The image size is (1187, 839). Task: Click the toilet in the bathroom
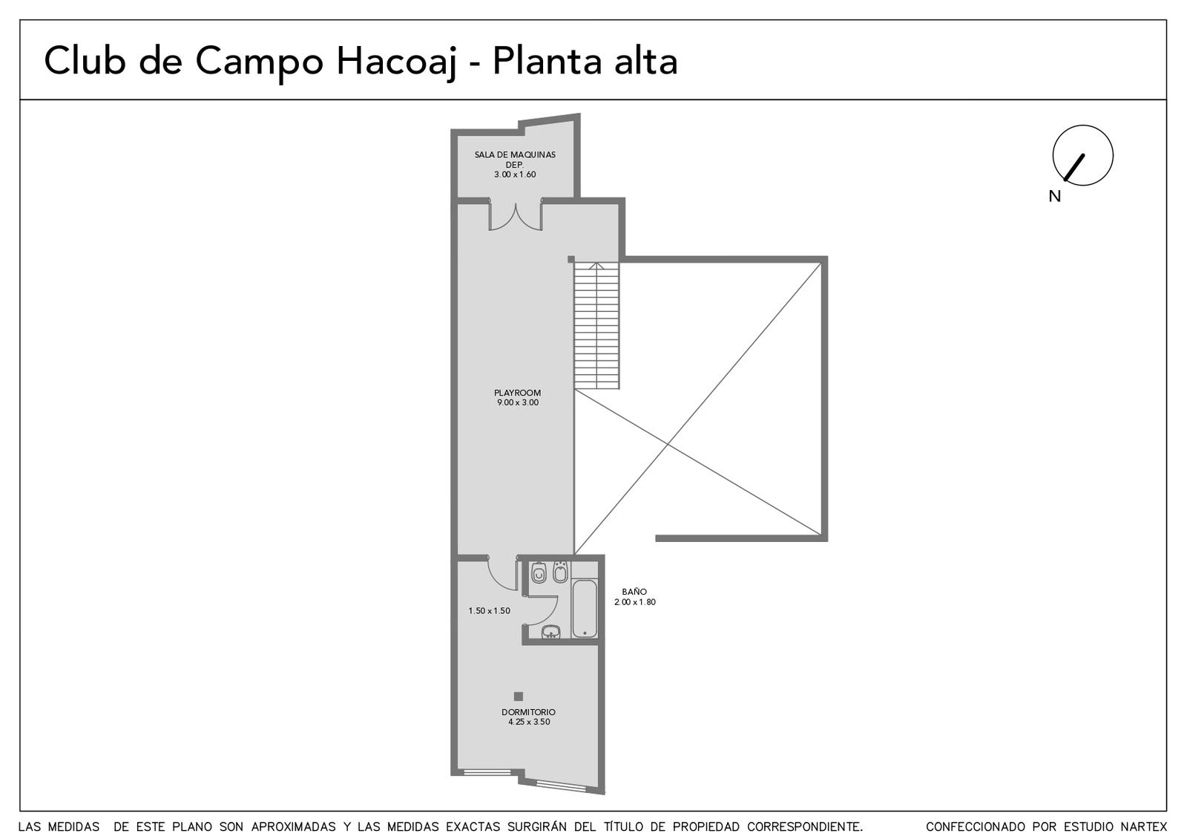pyautogui.click(x=539, y=572)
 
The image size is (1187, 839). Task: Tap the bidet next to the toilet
pyautogui.click(x=560, y=571)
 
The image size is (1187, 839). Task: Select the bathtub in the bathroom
pyautogui.click(x=585, y=608)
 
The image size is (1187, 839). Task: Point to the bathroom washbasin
pyautogui.click(x=551, y=632)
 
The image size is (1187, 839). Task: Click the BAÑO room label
pyautogui.click(x=634, y=592)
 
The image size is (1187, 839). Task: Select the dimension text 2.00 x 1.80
pyautogui.click(x=635, y=602)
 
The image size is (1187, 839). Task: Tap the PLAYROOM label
pyautogui.click(x=517, y=393)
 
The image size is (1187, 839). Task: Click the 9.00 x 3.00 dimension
pyautogui.click(x=517, y=402)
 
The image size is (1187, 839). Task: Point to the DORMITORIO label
pyautogui.click(x=528, y=712)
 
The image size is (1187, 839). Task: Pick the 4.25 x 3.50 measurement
pyautogui.click(x=529, y=722)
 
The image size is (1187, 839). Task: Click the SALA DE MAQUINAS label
pyautogui.click(x=515, y=155)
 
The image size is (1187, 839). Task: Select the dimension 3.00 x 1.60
pyautogui.click(x=515, y=174)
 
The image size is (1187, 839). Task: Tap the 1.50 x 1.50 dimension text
pyautogui.click(x=489, y=611)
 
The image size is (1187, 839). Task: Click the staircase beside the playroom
pyautogui.click(x=596, y=326)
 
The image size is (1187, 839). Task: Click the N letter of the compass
pyautogui.click(x=1054, y=197)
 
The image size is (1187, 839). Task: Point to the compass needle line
pyautogui.click(x=1074, y=168)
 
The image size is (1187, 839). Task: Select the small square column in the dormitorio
pyautogui.click(x=519, y=696)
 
